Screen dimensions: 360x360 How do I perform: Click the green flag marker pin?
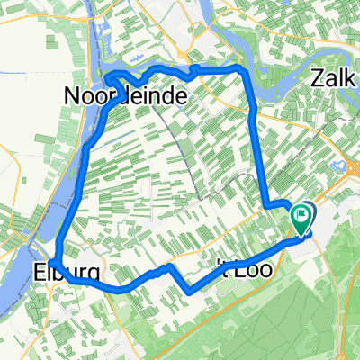click(302, 219)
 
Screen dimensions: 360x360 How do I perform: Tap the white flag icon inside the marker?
click(302, 215)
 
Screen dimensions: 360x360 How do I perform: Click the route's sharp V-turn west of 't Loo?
click(188, 291)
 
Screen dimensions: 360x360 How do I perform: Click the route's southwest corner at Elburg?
click(59, 258)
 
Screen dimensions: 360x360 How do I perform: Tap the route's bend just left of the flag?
click(267, 207)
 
